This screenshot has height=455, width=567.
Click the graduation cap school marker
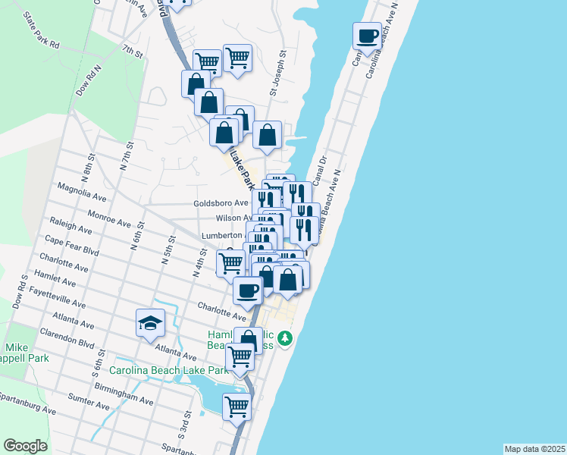[x=151, y=323]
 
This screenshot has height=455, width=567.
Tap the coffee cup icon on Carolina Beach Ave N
[x=368, y=36]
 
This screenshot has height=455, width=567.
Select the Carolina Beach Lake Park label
[x=168, y=371]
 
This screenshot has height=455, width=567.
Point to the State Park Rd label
[x=41, y=31]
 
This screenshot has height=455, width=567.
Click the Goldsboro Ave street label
[x=221, y=202]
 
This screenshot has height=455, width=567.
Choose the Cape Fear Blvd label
[x=72, y=246]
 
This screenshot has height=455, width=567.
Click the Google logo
[x=25, y=445]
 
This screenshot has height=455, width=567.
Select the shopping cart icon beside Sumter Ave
[x=237, y=406]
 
